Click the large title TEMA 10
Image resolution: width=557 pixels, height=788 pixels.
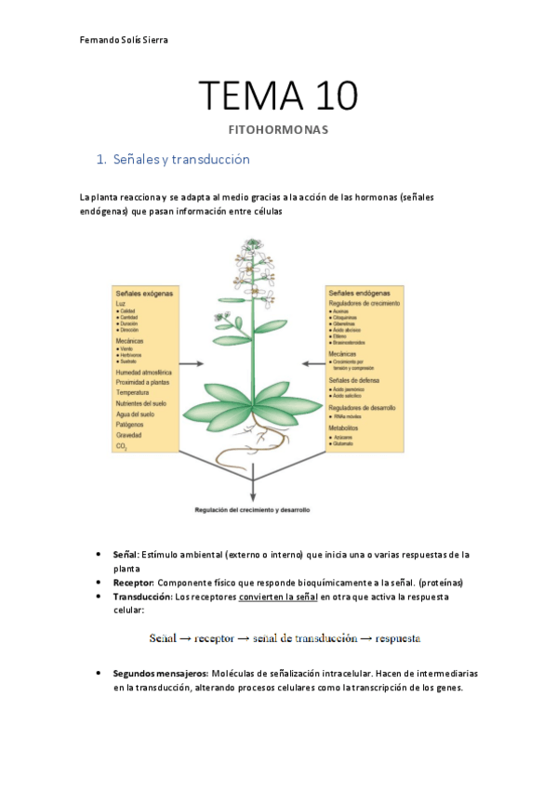point(278,97)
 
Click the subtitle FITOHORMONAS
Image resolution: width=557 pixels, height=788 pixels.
point(278,130)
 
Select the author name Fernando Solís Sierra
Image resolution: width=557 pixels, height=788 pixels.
point(124,40)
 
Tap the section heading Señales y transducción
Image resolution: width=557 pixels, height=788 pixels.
point(180,160)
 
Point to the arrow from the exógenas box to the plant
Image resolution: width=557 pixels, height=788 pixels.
point(192,366)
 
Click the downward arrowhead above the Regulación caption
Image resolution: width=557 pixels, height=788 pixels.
point(253,499)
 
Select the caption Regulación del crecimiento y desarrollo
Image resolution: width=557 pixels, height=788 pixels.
point(252,510)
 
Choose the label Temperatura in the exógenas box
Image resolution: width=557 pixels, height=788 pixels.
point(132,393)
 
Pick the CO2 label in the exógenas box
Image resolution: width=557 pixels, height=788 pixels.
point(120,446)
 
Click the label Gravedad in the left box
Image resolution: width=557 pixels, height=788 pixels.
point(129,435)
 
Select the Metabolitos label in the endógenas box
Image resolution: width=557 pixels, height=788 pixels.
point(346,428)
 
